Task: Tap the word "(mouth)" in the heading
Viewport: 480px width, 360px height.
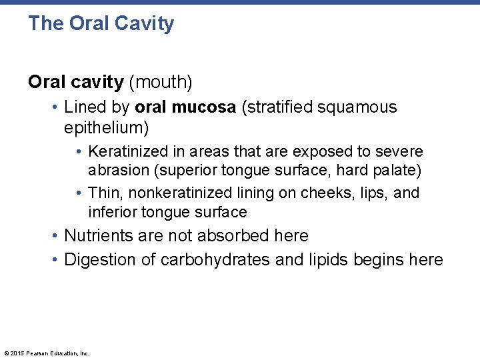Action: (x=161, y=82)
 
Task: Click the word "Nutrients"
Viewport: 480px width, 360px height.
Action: (x=97, y=236)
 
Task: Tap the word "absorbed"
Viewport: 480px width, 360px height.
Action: (x=233, y=236)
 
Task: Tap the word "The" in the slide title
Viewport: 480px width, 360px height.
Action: (x=45, y=24)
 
